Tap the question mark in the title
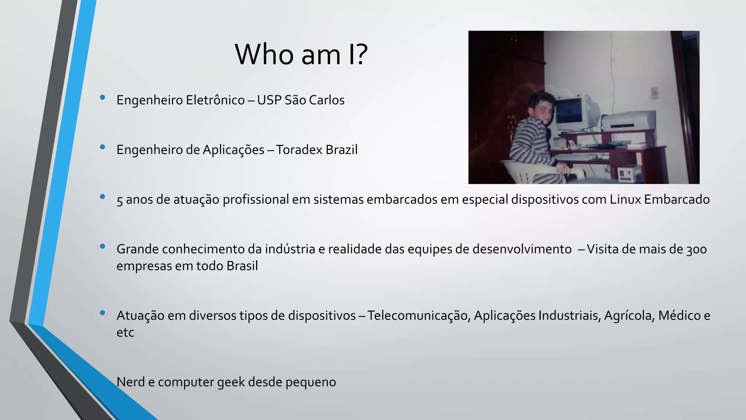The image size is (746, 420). pyautogui.click(x=361, y=55)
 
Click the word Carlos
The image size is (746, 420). pyautogui.click(x=327, y=100)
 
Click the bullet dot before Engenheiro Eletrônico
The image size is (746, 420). pyautogui.click(x=102, y=97)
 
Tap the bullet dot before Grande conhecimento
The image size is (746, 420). pyautogui.click(x=102, y=246)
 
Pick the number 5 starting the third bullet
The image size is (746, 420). pyautogui.click(x=119, y=200)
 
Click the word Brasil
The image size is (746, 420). pyautogui.click(x=242, y=266)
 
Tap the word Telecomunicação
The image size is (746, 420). pyautogui.click(x=419, y=316)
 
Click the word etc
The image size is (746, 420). pyautogui.click(x=125, y=332)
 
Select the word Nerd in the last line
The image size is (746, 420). pyautogui.click(x=130, y=382)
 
